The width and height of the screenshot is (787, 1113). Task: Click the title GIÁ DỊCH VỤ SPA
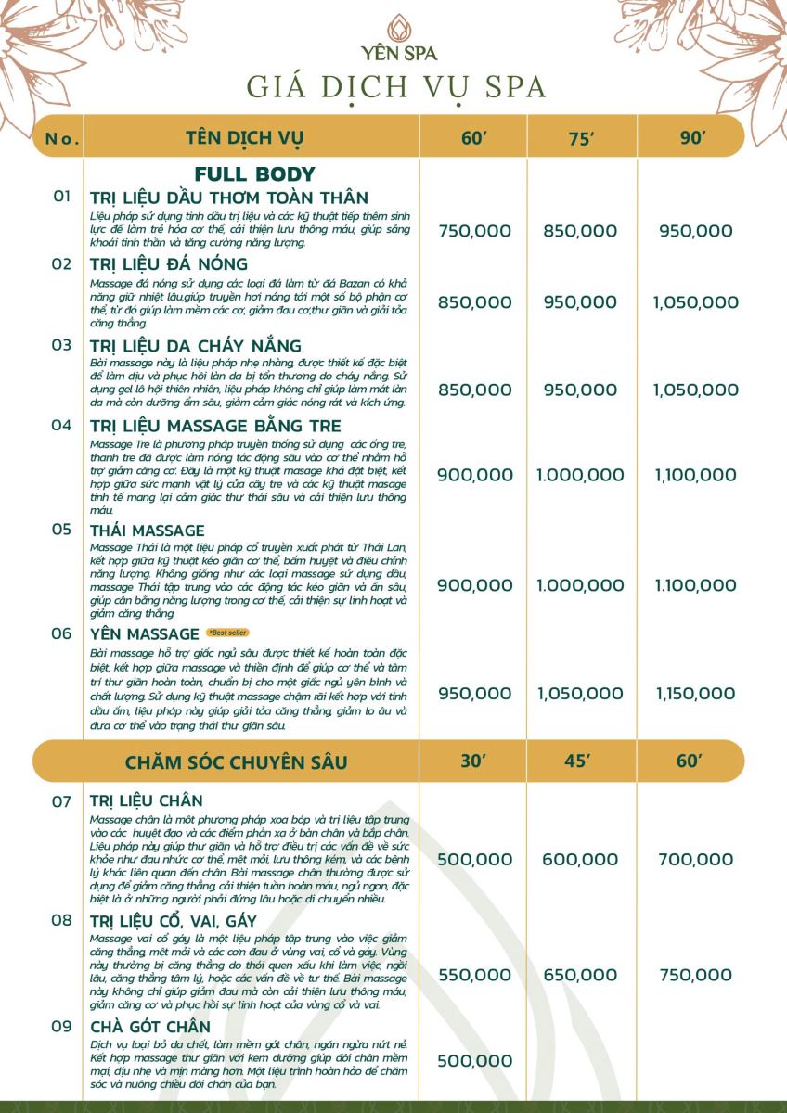[x=396, y=86]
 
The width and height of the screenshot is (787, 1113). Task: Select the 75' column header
[x=580, y=140]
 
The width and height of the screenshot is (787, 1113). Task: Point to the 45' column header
[x=578, y=761]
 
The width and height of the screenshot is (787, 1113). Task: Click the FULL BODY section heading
[x=254, y=174]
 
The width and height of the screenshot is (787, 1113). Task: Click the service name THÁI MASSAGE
[x=148, y=531]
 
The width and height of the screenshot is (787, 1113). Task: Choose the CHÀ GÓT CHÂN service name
[x=149, y=1027]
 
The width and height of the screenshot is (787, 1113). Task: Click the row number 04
[x=61, y=425]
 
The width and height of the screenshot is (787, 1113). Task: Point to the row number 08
[x=61, y=920]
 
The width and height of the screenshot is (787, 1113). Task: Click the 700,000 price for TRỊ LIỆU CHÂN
[x=694, y=860]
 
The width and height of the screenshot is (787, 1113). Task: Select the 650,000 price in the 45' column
[x=579, y=975]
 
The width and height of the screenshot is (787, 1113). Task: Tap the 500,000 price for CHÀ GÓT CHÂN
[x=473, y=1060]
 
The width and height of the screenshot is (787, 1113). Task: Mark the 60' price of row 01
[x=473, y=231]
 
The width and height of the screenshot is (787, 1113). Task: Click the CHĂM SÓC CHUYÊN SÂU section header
[x=236, y=762]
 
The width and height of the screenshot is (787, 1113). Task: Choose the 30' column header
[x=474, y=761]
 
